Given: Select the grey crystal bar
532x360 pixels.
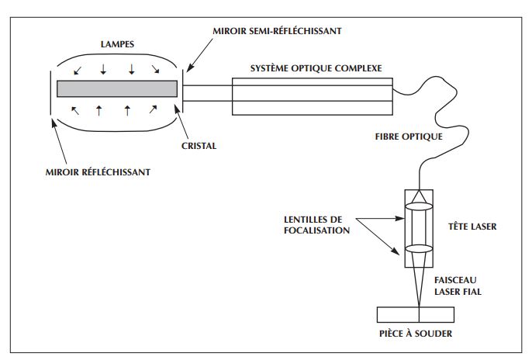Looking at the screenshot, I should click(118, 88).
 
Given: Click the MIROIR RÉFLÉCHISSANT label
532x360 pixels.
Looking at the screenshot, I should click(98, 171).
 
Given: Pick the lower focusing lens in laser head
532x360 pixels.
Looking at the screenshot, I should click(419, 249).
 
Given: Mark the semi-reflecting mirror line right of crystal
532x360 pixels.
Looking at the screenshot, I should click(184, 89).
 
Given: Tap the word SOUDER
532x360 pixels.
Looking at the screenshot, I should click(435, 334).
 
